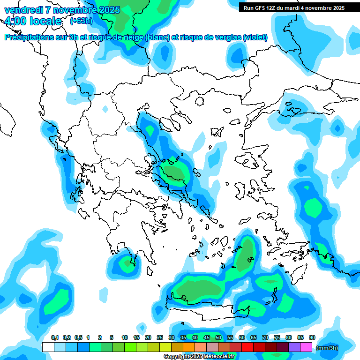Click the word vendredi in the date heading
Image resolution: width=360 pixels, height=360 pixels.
tap(23, 10)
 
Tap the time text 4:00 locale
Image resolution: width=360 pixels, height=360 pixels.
tap(32, 21)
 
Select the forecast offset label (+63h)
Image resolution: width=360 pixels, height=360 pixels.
tap(81, 21)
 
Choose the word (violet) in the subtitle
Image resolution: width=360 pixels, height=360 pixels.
tap(255, 37)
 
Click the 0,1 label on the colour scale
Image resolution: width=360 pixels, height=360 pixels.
tap(54, 338)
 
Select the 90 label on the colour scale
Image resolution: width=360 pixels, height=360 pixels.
tap(312, 338)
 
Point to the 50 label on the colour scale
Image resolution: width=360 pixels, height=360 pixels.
tap(218, 338)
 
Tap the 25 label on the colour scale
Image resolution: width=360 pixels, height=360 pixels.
tap(160, 338)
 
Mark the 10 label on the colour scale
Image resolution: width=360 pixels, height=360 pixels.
tap(125, 338)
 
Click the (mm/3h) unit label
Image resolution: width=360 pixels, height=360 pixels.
tap(327, 348)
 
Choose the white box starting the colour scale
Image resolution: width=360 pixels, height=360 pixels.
tap(48, 347)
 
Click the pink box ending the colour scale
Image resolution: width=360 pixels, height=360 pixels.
tap(306, 347)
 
